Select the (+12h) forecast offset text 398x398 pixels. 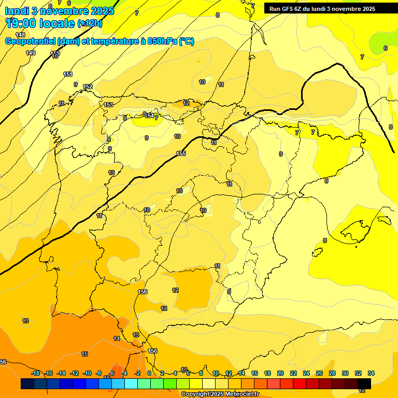(x=90, y=23)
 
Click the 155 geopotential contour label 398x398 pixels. (x=181, y=153)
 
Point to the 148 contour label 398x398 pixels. (x=20, y=35)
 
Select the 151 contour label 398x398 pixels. (x=68, y=75)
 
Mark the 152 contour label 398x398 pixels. (x=88, y=87)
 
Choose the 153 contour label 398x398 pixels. (x=108, y=105)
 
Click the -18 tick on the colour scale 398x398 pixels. (x=35, y=373)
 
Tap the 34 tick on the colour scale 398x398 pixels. (x=371, y=373)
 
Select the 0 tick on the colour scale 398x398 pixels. (x=149, y=373)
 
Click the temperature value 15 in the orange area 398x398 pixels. (x=84, y=354)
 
